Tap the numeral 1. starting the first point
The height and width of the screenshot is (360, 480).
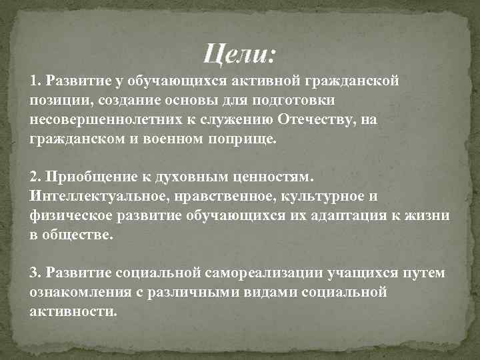pos(35,81)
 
